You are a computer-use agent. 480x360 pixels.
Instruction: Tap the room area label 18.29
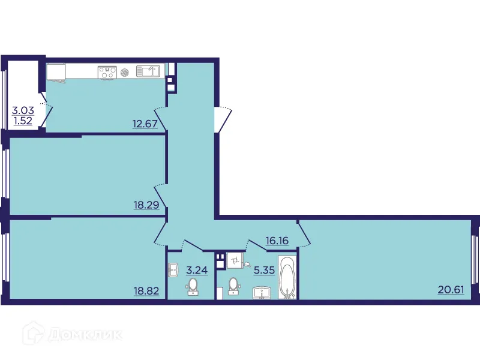click(145, 205)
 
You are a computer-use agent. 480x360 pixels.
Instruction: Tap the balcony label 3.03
click(23, 110)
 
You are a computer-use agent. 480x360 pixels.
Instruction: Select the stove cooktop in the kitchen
click(107, 72)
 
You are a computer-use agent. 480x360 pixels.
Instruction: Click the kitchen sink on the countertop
click(147, 72)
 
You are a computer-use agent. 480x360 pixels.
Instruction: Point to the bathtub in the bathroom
click(289, 278)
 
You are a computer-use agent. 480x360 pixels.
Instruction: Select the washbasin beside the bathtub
click(262, 292)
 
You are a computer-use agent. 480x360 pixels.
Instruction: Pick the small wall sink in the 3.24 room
click(173, 270)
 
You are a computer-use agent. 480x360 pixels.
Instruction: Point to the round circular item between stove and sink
click(125, 72)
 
